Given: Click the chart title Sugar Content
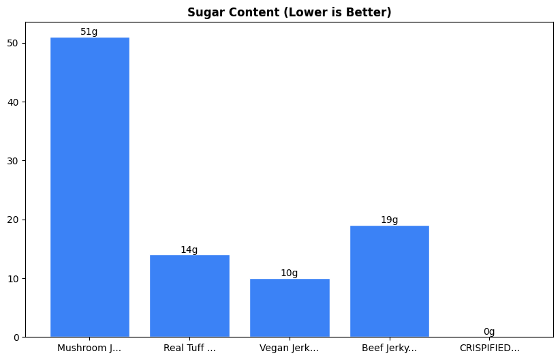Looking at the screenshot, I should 290,12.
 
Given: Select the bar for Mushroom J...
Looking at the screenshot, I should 89,187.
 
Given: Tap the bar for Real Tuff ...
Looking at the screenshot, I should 189,296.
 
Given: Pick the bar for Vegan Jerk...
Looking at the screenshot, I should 290,307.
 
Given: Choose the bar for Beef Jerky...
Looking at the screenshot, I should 390,281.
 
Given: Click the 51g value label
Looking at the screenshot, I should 89,31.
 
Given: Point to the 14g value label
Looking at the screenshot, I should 189,250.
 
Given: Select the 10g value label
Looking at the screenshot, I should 290,273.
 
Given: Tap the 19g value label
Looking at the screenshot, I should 390,220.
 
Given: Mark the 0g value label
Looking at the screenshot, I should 489,331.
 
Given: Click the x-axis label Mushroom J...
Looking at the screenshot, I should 89,348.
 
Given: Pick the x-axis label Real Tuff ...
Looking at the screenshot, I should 189,348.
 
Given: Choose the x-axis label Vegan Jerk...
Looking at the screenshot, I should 290,348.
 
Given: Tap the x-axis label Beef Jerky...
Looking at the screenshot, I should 390,348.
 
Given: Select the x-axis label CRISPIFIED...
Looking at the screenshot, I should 489,348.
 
